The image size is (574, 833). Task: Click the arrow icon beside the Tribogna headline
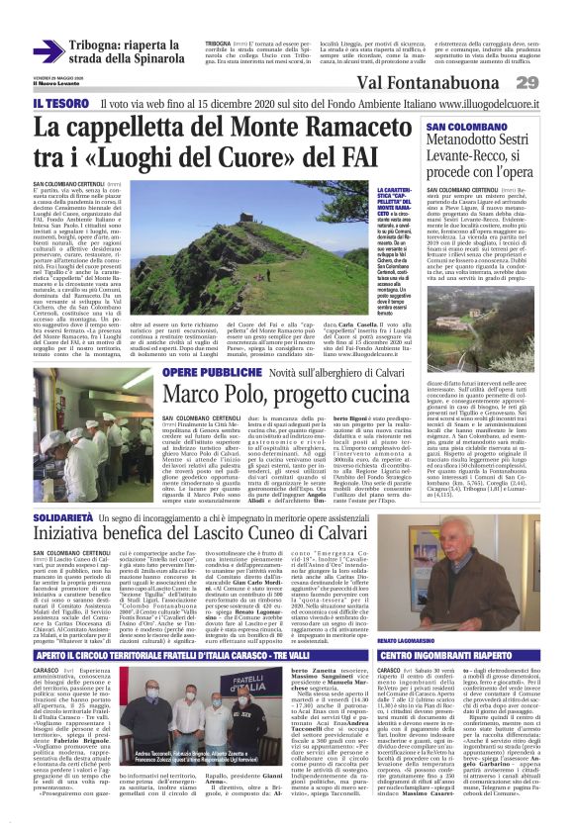click(x=48, y=51)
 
